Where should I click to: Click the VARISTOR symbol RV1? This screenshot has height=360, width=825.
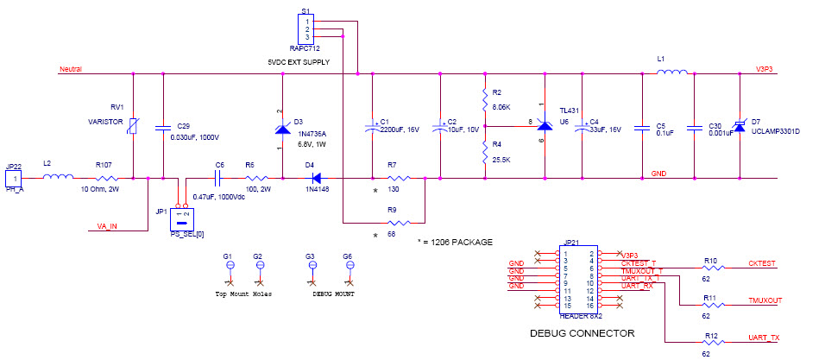tap(132, 127)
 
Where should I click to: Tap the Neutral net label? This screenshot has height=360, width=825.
tap(70, 68)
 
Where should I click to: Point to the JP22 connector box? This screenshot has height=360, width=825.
tap(12, 178)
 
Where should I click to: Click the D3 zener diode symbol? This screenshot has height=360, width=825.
tap(282, 129)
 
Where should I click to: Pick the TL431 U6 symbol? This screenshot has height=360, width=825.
tap(544, 126)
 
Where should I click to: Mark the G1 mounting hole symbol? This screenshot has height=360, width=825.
tap(229, 267)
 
